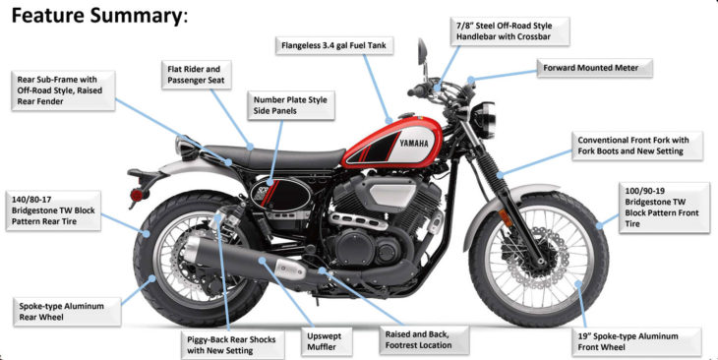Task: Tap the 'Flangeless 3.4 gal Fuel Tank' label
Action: tap(333, 46)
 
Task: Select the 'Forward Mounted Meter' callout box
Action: tap(594, 68)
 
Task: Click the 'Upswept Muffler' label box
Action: tap(327, 341)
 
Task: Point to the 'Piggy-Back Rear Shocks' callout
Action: tap(232, 345)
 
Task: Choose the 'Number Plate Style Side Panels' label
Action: tap(291, 105)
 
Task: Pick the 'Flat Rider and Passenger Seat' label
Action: tap(196, 75)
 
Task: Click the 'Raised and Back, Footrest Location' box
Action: tap(424, 340)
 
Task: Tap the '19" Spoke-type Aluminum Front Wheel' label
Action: tap(636, 341)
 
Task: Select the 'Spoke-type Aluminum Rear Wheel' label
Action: tap(67, 312)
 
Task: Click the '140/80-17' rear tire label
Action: tap(53, 210)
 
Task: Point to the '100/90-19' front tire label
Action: tap(664, 208)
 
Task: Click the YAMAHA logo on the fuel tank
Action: tap(413, 144)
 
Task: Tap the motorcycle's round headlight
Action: tap(485, 120)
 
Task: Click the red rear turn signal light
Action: tap(137, 195)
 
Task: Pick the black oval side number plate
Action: tap(280, 194)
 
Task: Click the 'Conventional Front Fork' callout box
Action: tap(637, 147)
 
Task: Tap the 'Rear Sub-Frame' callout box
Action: tap(63, 90)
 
